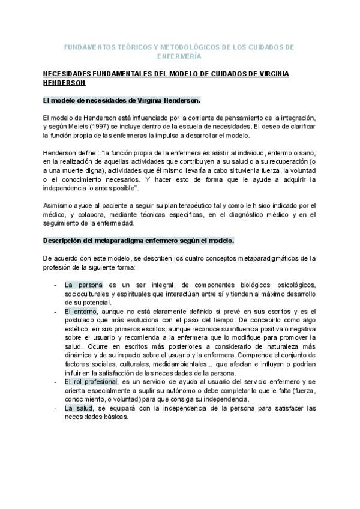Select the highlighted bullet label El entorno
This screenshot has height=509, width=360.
click(x=83, y=311)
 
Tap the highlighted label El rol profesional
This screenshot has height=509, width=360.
click(x=92, y=382)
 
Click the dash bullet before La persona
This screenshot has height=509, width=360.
click(x=55, y=285)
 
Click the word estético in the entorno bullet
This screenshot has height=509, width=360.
click(x=77, y=330)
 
